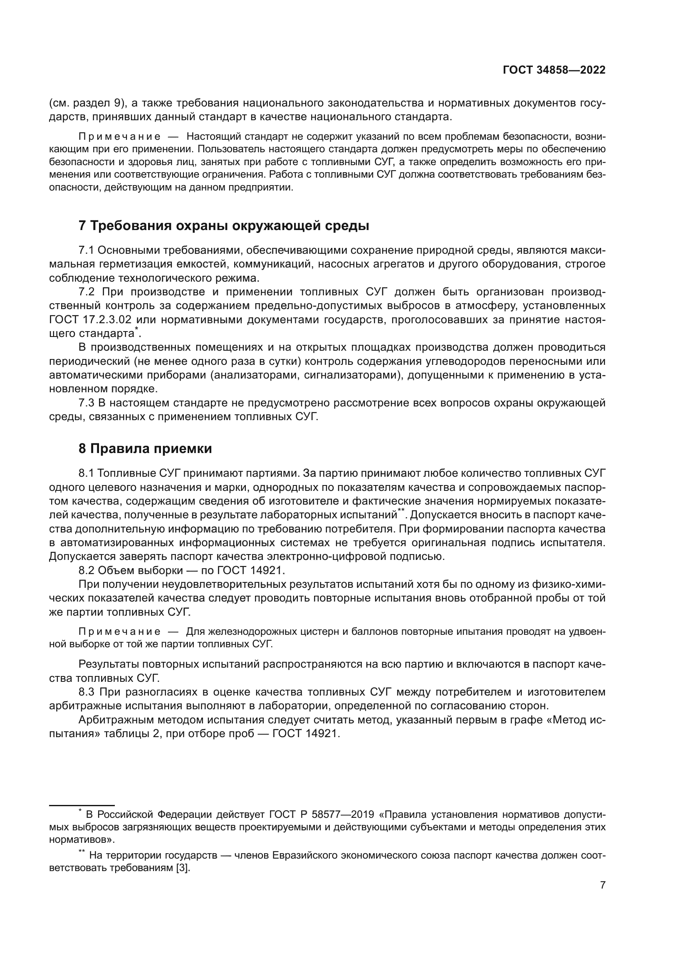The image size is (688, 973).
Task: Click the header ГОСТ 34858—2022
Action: (554, 70)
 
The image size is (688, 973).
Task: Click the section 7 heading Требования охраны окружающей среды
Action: (224, 226)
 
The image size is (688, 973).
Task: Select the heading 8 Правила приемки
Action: (145, 448)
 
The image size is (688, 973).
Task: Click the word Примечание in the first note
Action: (119, 136)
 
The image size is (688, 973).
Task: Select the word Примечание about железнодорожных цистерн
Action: (119, 632)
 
